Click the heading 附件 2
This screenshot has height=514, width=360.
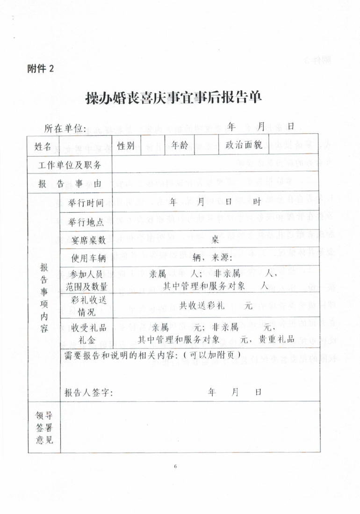click(x=41, y=68)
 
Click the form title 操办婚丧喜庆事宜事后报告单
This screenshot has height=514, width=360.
click(x=173, y=98)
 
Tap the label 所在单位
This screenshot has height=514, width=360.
click(x=65, y=128)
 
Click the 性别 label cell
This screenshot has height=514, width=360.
click(x=126, y=146)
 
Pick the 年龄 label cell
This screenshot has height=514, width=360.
click(x=180, y=145)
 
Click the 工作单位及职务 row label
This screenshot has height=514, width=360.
click(x=70, y=165)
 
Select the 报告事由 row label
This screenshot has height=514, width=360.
click(x=70, y=184)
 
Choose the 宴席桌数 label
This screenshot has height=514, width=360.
click(x=89, y=240)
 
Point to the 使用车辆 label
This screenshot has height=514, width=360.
click(x=89, y=258)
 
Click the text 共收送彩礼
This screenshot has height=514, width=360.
click(x=203, y=305)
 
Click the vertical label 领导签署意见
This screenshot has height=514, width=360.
click(x=44, y=427)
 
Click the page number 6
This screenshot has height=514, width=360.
click(x=175, y=466)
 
